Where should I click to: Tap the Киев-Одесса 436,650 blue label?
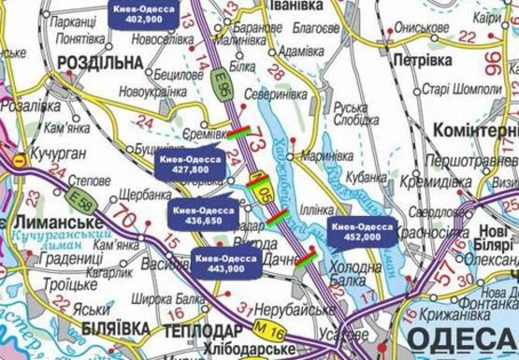click(203, 216)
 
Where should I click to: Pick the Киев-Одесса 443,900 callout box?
click(223, 262)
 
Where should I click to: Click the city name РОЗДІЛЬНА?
click(100, 62)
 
